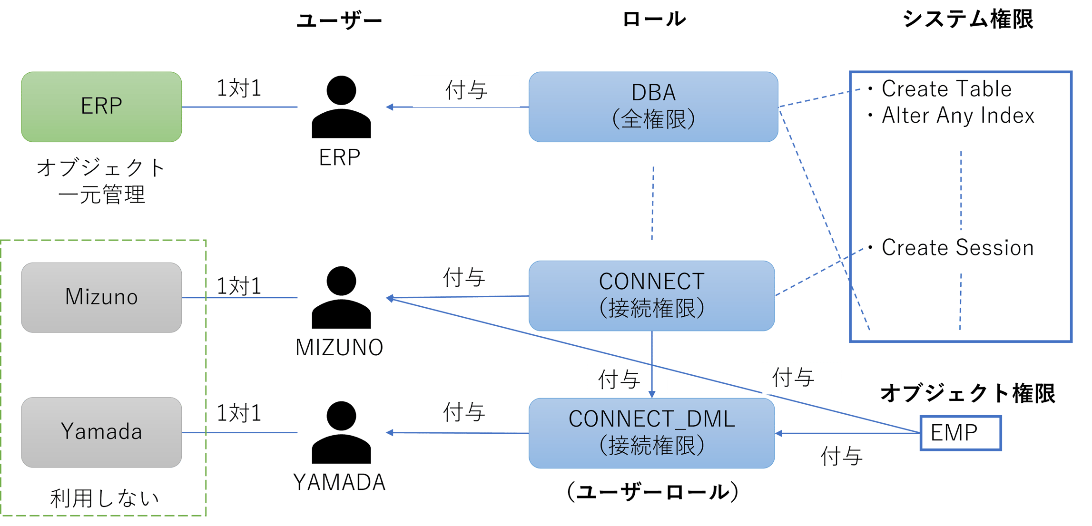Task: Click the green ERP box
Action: click(101, 107)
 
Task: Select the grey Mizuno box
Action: click(101, 297)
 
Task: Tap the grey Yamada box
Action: click(101, 432)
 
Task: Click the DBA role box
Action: click(653, 107)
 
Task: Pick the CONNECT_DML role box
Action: click(651, 433)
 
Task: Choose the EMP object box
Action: click(960, 433)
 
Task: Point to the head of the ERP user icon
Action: click(341, 90)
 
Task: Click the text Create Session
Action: click(957, 248)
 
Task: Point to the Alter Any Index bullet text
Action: click(957, 116)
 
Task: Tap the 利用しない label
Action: click(105, 499)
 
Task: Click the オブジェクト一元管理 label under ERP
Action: click(101, 182)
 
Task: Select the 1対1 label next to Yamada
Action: click(239, 413)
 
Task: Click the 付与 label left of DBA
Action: click(466, 91)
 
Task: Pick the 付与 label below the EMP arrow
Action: click(850, 457)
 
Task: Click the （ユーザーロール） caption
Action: click(652, 492)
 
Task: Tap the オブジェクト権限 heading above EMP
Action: click(967, 394)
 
